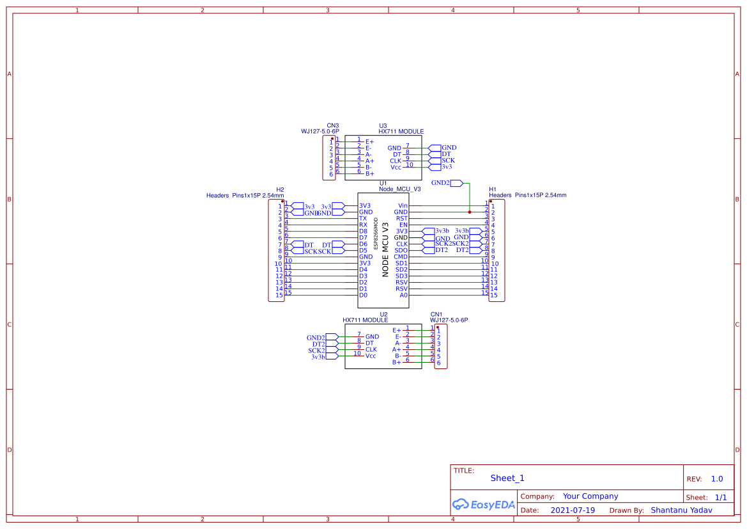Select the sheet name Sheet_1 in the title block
[x=507, y=478]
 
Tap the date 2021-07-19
[x=573, y=510]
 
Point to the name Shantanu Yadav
[x=681, y=510]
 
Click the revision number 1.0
[x=717, y=478]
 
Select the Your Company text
[x=590, y=496]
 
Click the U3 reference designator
[x=383, y=126]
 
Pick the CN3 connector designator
[x=333, y=126]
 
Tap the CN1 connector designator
[x=436, y=314]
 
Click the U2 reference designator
[x=383, y=314]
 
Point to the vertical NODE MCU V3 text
[x=385, y=249]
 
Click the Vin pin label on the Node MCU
[x=403, y=206]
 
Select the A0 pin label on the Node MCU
[x=403, y=295]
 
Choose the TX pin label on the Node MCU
[x=363, y=219]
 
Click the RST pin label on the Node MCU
[x=402, y=219]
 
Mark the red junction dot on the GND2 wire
[x=470, y=212]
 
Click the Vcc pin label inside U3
[x=396, y=167]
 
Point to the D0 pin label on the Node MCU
[x=363, y=295]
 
